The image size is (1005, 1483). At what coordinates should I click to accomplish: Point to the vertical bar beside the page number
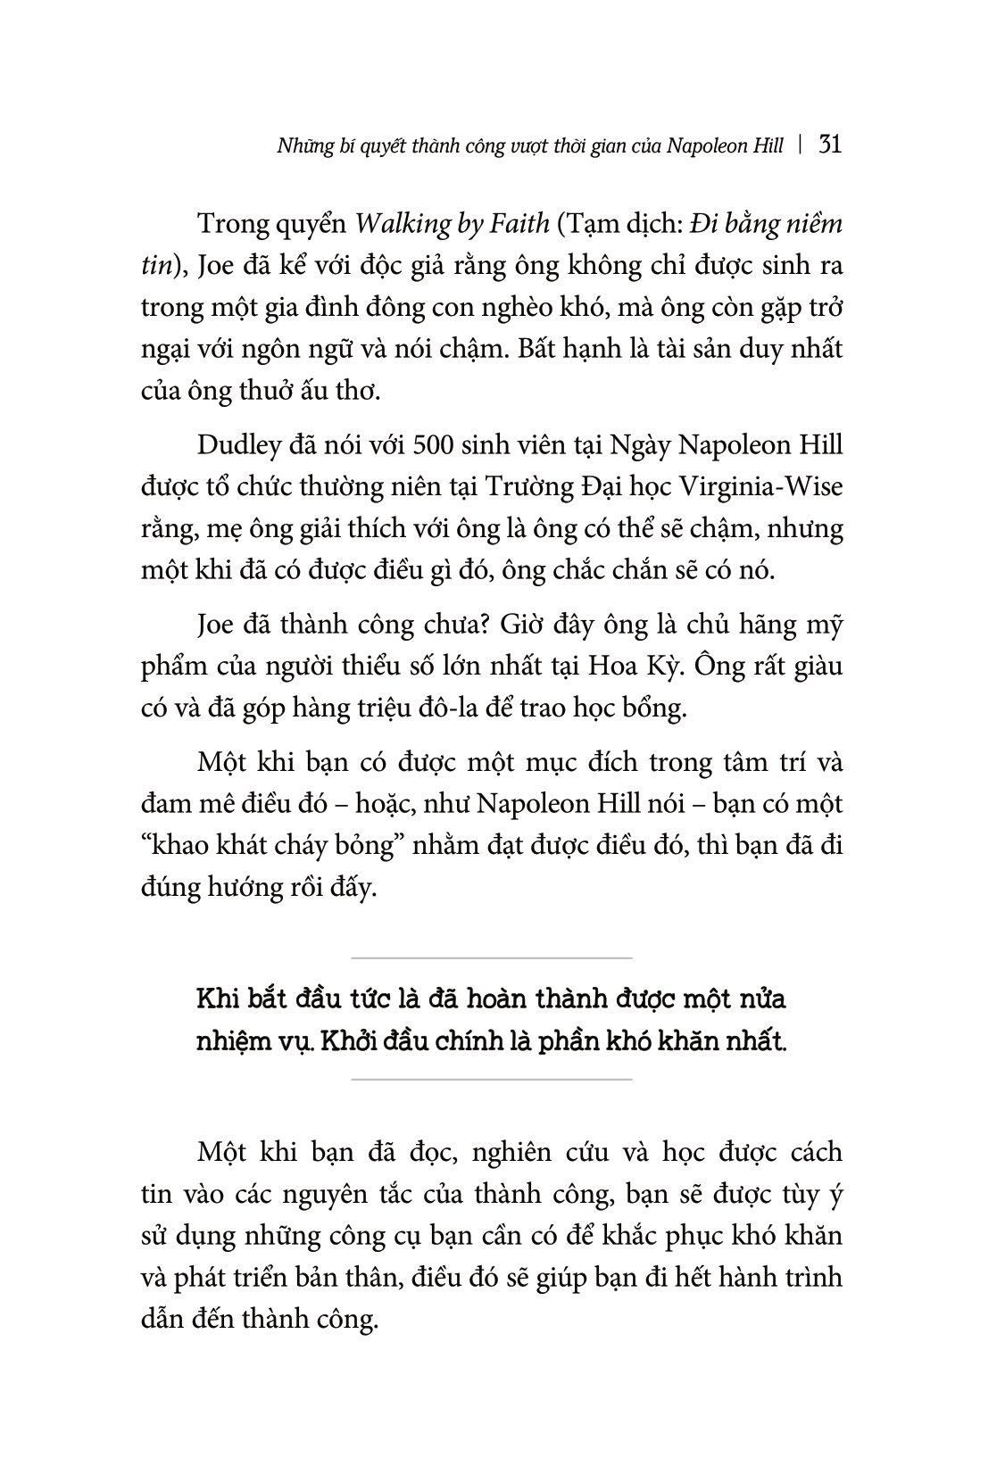[x=802, y=145]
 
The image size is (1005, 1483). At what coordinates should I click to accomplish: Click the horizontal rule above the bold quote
[x=492, y=958]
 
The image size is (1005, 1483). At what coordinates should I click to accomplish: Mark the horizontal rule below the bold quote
[x=492, y=1080]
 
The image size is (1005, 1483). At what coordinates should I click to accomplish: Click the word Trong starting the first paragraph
[x=236, y=223]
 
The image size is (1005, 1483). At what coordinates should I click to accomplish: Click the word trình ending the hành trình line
[x=814, y=1278]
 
